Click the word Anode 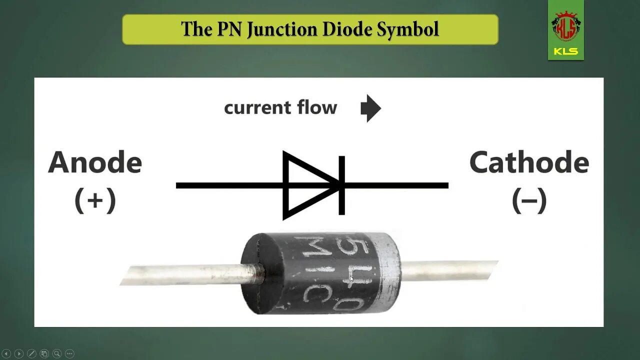(95, 163)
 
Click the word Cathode (529, 163)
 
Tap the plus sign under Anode (95, 200)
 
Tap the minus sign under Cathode (529, 200)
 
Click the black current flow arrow (370, 108)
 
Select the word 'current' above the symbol (257, 108)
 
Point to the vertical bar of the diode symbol (342, 185)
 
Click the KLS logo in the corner (565, 30)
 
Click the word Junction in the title (283, 29)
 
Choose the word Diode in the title (347, 29)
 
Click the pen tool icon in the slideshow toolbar (31, 353)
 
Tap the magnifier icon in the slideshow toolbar (56, 353)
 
